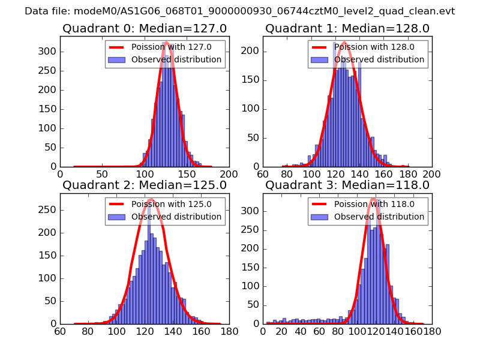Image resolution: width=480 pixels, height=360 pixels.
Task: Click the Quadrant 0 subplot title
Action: pyautogui.click(x=144, y=29)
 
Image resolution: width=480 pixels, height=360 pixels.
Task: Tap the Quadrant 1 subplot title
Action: pyautogui.click(x=347, y=29)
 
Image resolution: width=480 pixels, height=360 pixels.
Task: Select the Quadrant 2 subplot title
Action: pyautogui.click(x=144, y=185)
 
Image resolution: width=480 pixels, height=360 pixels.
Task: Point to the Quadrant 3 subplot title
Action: pyautogui.click(x=347, y=185)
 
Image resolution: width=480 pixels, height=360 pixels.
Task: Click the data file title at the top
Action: pyautogui.click(x=240, y=11)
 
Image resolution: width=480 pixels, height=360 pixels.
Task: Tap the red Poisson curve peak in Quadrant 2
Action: pyautogui.click(x=150, y=199)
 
